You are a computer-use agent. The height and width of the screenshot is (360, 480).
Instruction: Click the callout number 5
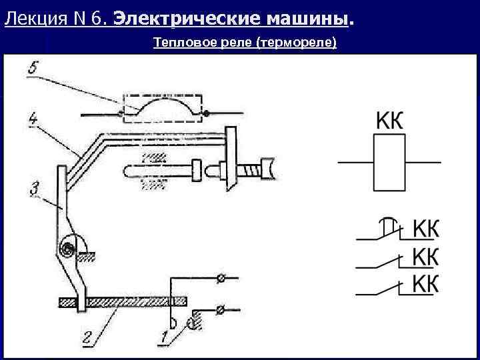tap(33, 68)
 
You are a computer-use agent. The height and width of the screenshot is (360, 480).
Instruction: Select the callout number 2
tap(87, 338)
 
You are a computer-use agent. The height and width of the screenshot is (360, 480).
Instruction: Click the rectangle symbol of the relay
tap(390, 163)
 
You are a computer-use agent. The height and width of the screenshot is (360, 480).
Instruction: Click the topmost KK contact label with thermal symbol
tap(426, 229)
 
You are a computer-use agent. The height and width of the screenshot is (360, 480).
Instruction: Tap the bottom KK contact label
tap(426, 283)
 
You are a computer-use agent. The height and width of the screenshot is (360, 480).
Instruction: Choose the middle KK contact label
tap(426, 256)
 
